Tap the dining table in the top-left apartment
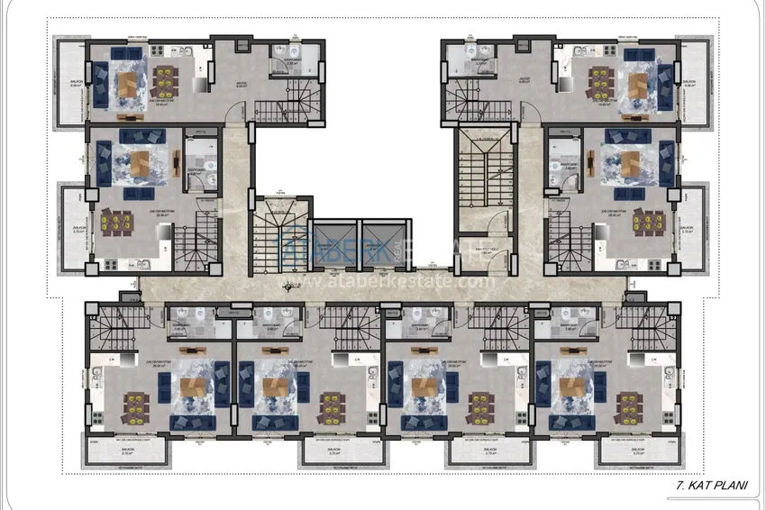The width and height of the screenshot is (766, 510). pos(166,79)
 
